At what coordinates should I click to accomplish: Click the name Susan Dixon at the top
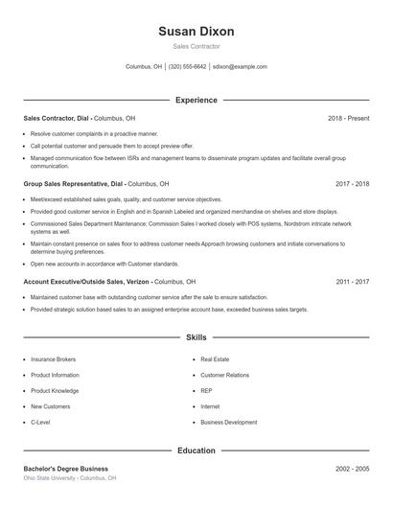tap(196, 31)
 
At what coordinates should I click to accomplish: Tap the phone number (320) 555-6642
tap(187, 67)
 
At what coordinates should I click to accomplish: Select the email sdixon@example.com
tap(240, 67)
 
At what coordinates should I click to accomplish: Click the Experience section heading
tap(196, 100)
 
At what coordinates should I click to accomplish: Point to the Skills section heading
tap(196, 337)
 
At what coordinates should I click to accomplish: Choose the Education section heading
tap(196, 450)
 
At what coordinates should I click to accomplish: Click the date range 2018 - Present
tap(348, 118)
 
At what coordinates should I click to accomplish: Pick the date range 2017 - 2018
tap(352, 183)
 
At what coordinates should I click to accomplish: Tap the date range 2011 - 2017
tap(352, 282)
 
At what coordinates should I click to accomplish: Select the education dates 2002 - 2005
tap(352, 469)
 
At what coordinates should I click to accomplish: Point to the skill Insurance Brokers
tap(53, 358)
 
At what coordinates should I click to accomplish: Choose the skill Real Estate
tap(215, 358)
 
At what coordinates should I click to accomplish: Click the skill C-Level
tap(40, 422)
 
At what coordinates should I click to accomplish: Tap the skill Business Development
tap(228, 422)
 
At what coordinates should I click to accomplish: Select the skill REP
tap(206, 390)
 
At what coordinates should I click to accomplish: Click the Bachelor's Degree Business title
tap(66, 469)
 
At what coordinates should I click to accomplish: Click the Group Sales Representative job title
tap(66, 183)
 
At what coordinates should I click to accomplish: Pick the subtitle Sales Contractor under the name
tap(196, 46)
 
